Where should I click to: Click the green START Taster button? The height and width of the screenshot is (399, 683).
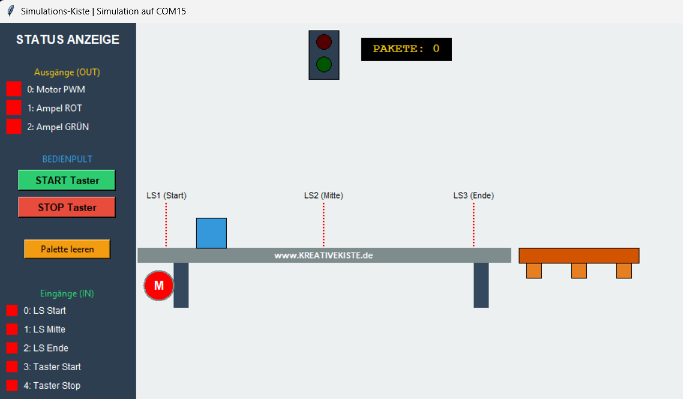67,181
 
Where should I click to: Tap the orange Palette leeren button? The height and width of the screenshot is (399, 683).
67,249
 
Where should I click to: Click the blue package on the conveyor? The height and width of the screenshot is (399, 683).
211,233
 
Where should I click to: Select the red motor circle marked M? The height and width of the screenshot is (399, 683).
158,286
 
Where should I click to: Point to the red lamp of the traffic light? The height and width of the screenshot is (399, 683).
323,42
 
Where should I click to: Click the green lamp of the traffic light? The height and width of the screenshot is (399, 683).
323,64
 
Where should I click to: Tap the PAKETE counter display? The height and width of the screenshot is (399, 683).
406,49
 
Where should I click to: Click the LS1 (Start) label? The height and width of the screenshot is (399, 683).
166,196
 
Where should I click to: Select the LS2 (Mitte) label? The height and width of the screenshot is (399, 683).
323,196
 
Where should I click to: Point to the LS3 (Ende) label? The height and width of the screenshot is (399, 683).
474,196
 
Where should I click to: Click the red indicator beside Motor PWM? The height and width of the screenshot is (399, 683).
13,89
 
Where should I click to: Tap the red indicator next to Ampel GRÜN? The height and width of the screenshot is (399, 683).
13,127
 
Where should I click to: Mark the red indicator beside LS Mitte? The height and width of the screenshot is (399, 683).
12,329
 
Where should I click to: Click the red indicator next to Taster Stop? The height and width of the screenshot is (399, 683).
12,385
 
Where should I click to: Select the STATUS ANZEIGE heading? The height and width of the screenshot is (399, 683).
67,40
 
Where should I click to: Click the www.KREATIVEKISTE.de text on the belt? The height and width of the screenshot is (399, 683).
323,256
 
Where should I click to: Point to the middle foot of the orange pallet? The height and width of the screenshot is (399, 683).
579,271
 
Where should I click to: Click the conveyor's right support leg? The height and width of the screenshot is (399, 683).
481,285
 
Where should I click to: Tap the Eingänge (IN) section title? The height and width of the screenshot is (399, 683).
67,293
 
